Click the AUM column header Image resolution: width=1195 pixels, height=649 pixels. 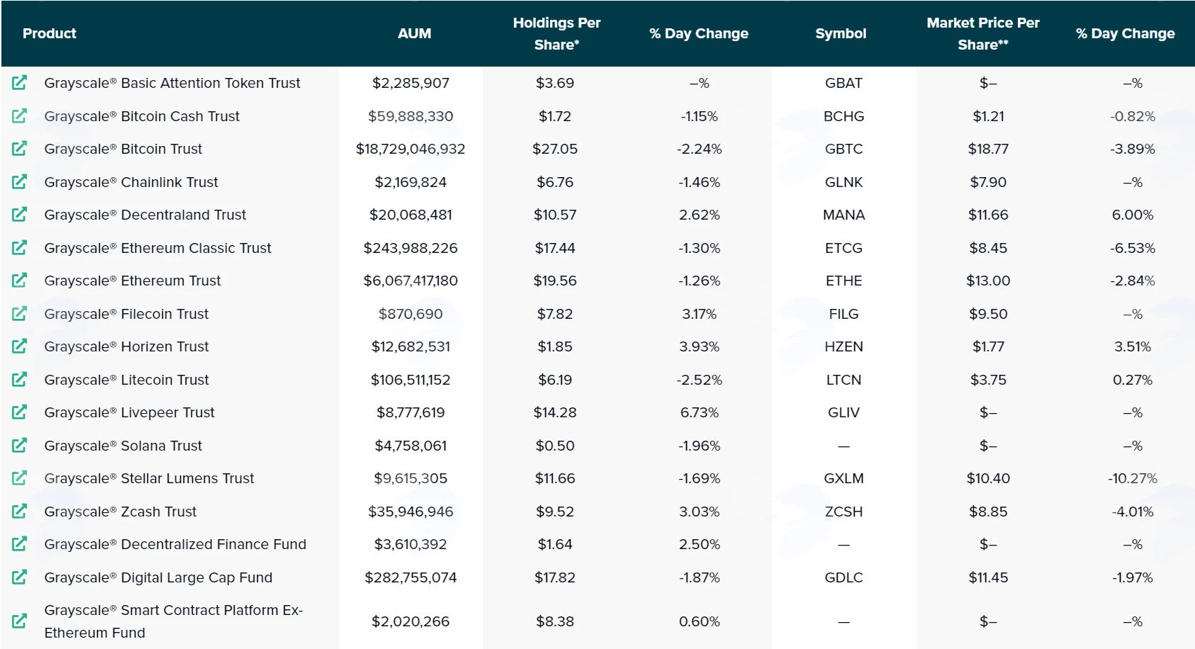[x=414, y=33]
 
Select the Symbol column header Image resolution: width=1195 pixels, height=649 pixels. [x=841, y=33]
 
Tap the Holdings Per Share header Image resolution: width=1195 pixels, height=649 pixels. [x=556, y=33]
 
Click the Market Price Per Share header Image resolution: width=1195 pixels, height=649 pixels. [x=982, y=33]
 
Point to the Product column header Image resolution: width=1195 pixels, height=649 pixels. [x=50, y=33]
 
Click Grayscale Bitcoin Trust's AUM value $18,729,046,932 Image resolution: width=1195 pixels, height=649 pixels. [x=410, y=149]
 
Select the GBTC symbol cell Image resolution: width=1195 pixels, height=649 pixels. [x=843, y=149]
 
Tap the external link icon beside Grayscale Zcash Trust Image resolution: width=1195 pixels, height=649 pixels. [x=19, y=512]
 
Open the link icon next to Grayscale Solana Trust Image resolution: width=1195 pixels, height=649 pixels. [x=19, y=445]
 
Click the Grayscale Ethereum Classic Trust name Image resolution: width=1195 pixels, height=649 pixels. [x=157, y=248]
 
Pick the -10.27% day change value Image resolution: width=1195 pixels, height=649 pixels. [x=1132, y=478]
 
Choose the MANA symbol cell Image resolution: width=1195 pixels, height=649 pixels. [x=843, y=215]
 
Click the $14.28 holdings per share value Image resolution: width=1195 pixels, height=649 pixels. [x=555, y=412]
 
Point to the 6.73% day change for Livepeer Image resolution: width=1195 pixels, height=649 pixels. [x=699, y=412]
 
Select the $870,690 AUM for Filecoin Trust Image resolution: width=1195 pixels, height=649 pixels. [x=410, y=314]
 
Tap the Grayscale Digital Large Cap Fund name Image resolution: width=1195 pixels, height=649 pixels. [x=158, y=577]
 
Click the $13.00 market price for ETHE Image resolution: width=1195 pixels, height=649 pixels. [x=988, y=281]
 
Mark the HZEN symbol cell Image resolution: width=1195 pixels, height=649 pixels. [x=843, y=346]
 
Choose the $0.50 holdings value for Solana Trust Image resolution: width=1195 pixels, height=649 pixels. [x=555, y=445]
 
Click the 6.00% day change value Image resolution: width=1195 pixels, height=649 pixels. [x=1132, y=215]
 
